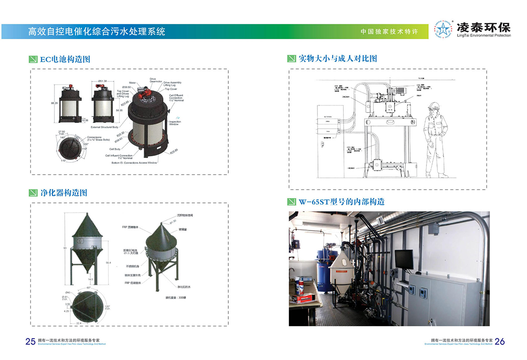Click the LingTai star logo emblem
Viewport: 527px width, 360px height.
coord(442,29)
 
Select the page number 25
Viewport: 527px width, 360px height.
coord(30,342)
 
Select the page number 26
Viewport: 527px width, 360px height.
coord(500,342)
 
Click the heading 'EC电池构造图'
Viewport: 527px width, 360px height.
coord(65,59)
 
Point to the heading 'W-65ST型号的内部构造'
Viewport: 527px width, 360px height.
coord(342,202)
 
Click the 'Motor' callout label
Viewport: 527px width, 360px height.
coord(132,83)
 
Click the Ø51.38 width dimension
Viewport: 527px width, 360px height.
coord(103,81)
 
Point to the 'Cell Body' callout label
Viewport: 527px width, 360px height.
coord(114,149)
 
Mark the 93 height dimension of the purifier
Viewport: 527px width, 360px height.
coord(65,248)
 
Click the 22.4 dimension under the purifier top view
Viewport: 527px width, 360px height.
coord(91,323)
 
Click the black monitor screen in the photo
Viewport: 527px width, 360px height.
coord(404,259)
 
